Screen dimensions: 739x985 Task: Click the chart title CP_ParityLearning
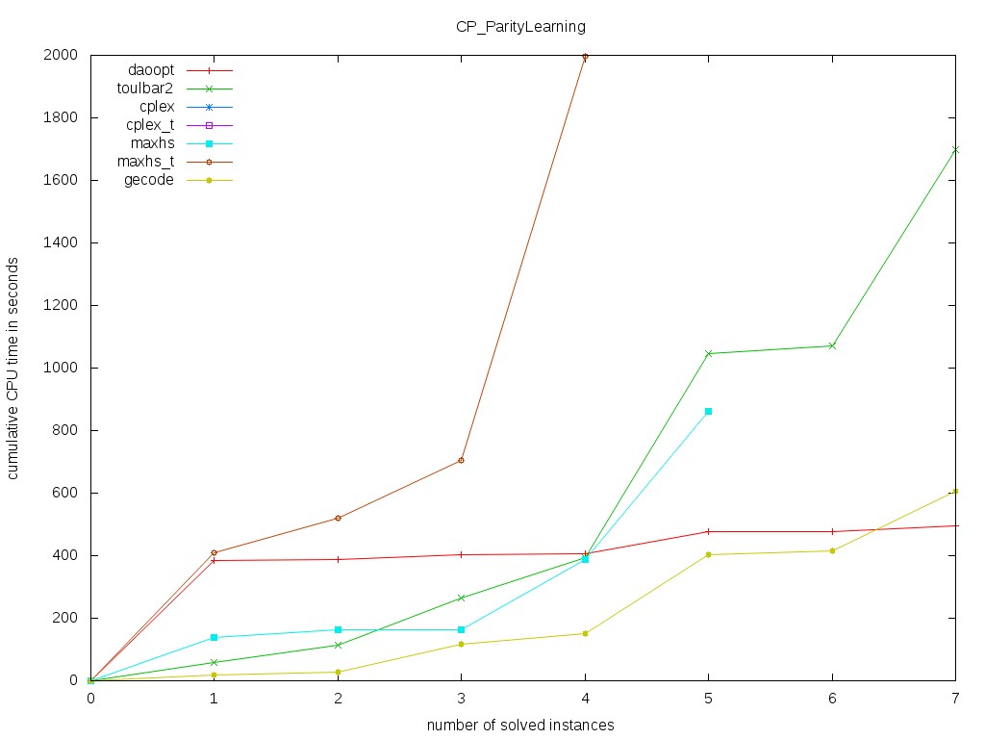click(520, 27)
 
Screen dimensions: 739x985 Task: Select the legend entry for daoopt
click(151, 70)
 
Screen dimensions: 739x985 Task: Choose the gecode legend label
click(149, 180)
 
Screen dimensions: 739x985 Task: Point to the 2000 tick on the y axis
click(62, 56)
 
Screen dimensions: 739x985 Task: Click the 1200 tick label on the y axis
click(62, 305)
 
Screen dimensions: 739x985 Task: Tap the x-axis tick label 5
click(709, 699)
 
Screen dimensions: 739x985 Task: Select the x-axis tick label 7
click(955, 699)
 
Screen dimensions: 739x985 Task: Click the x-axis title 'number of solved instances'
click(520, 725)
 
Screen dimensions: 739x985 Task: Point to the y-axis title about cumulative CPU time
click(14, 368)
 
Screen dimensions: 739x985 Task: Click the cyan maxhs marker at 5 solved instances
click(708, 412)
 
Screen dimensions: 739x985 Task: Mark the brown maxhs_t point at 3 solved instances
click(462, 460)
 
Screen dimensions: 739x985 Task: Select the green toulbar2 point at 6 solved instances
click(832, 345)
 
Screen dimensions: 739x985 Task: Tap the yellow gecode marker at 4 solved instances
click(585, 633)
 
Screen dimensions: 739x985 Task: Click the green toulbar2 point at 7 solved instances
click(955, 150)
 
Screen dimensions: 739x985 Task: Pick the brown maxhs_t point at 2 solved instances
click(338, 518)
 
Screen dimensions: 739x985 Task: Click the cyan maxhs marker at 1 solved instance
click(214, 637)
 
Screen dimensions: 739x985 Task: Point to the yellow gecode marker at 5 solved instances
click(708, 554)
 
